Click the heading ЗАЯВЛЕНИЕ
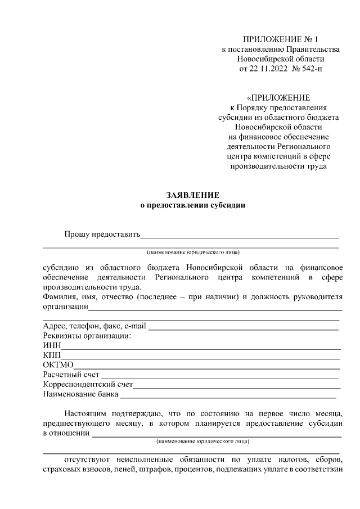coord(192,195)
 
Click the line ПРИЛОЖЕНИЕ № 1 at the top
coord(280,39)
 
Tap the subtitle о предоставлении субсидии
coord(192,205)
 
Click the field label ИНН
coord(51,345)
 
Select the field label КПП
coord(52,355)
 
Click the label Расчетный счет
coord(71,375)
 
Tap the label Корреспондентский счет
coord(88,384)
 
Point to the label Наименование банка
coord(80,394)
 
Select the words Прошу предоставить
coord(101,234)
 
